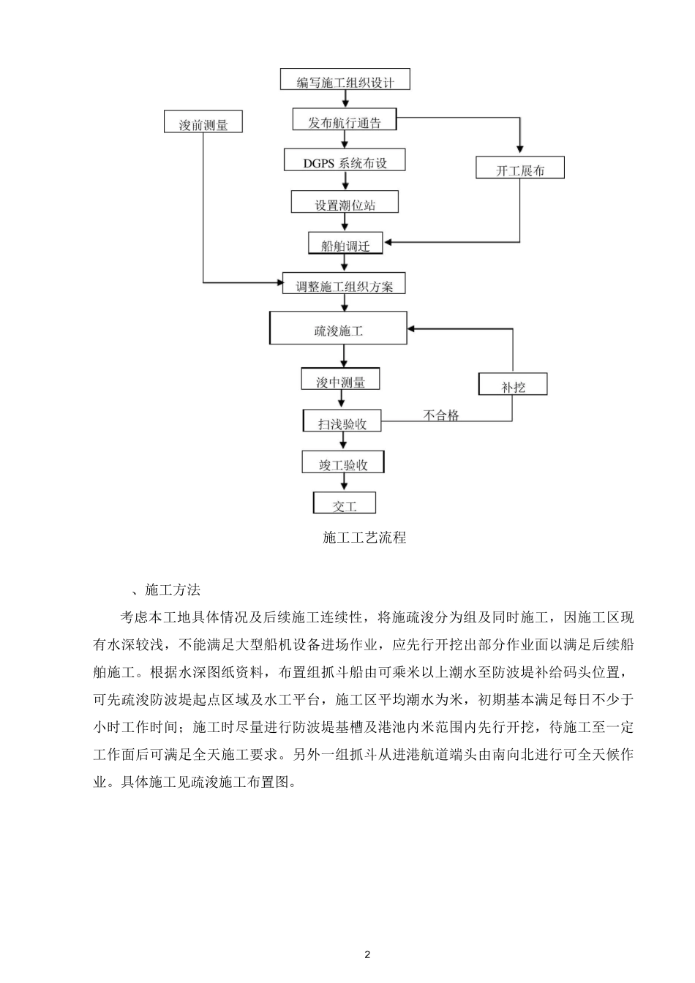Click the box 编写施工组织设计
click(345, 80)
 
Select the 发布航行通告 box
click(344, 121)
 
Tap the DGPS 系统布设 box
click(345, 161)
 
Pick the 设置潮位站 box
click(345, 203)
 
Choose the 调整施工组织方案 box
click(344, 285)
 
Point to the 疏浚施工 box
click(339, 328)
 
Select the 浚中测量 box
click(341, 380)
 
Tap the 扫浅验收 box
click(342, 421)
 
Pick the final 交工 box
click(345, 503)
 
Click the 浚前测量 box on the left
click(203, 122)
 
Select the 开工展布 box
click(520, 169)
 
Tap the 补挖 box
click(513, 385)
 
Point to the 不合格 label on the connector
click(442, 415)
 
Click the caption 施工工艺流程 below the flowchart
click(364, 538)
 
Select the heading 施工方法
click(173, 590)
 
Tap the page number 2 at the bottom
click(367, 955)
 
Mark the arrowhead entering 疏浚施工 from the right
click(413, 329)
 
